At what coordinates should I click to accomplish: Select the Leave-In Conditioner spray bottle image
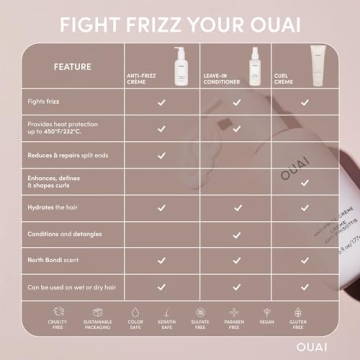coord(237,60)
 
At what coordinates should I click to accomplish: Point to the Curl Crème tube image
coord(296,60)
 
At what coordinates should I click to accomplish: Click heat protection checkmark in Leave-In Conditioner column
coord(237,128)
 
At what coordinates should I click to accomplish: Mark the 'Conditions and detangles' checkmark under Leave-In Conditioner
coord(237,233)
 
